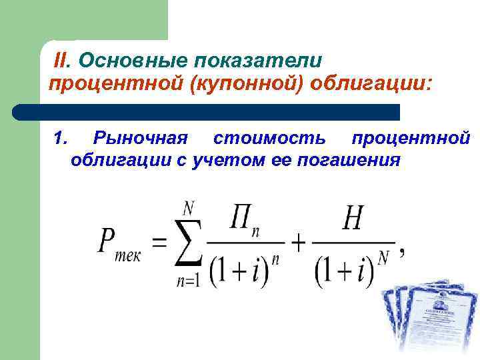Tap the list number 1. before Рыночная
[61, 138]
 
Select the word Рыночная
[141, 138]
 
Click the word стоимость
[269, 138]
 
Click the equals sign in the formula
[159, 242]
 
